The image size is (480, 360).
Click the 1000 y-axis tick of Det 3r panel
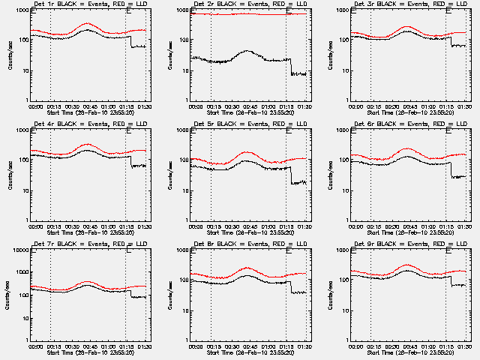click(x=342, y=10)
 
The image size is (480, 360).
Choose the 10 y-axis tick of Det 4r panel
click(x=21, y=190)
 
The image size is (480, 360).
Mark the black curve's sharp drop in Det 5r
click(x=291, y=174)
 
